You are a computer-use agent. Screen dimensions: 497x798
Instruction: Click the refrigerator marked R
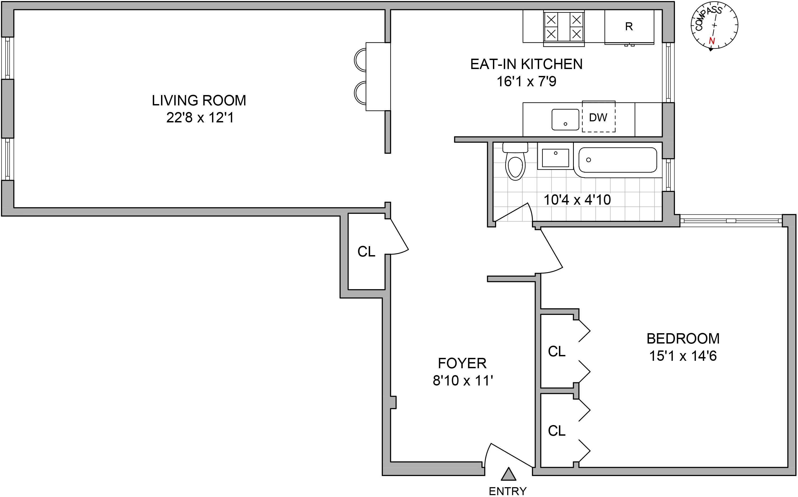click(x=629, y=27)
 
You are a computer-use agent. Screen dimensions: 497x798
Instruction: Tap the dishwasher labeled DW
click(x=598, y=117)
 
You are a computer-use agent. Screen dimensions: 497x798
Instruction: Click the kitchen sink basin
click(x=565, y=120)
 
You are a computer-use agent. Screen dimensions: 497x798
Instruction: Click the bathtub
click(x=617, y=160)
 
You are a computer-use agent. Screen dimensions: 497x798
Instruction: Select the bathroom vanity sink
click(x=555, y=158)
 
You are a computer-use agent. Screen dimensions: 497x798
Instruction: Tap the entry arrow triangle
click(x=508, y=474)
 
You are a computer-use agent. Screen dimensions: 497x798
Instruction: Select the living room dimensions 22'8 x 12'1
click(x=200, y=118)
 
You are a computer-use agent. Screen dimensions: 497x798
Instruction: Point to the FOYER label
click(x=462, y=363)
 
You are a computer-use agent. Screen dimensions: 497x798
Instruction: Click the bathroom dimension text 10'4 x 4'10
click(x=577, y=200)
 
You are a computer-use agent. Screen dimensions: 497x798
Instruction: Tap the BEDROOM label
click(x=683, y=339)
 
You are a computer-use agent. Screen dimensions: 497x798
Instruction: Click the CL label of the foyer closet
click(x=366, y=252)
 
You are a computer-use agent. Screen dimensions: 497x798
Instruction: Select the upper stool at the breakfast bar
click(x=360, y=60)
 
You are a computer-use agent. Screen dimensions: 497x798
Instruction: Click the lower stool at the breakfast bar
click(x=360, y=93)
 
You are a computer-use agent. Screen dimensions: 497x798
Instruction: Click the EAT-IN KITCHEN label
click(x=526, y=64)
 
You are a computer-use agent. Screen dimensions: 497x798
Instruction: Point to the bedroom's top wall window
click(x=731, y=221)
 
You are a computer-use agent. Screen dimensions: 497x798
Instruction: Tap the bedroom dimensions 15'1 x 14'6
click(x=683, y=356)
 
